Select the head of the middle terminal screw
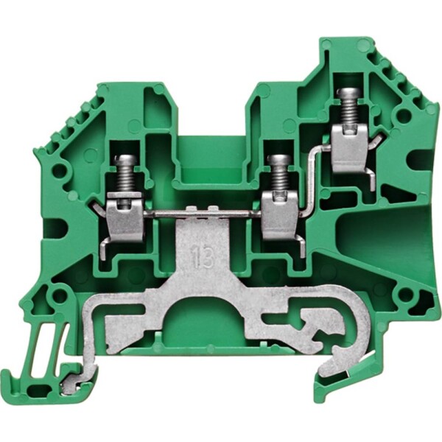pyautogui.click(x=278, y=160)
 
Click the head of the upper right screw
pyautogui.click(x=349, y=92)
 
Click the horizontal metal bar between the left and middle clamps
pyautogui.click(x=203, y=215)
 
